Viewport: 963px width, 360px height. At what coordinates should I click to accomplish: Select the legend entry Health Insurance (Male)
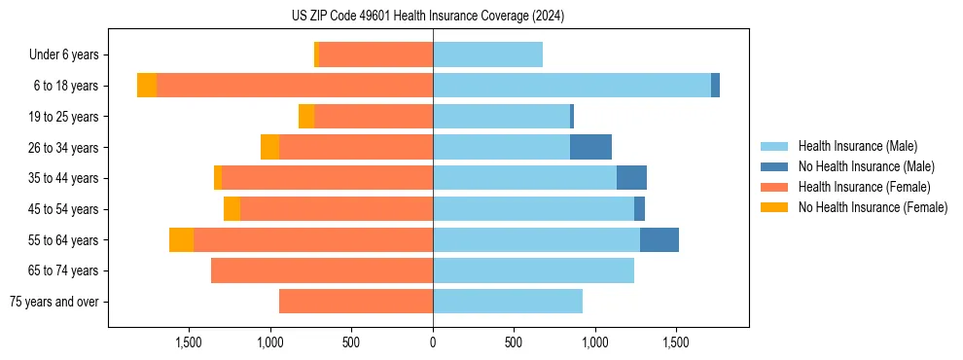(x=857, y=146)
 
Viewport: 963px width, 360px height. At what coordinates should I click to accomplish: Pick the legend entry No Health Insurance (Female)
(x=873, y=207)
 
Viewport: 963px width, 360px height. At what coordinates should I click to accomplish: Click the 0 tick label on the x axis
(x=433, y=342)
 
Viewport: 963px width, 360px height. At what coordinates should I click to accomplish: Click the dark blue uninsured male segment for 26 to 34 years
(x=590, y=147)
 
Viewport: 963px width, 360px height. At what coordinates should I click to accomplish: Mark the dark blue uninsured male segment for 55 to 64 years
(x=659, y=239)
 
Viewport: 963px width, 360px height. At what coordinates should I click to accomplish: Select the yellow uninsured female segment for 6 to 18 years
(x=147, y=86)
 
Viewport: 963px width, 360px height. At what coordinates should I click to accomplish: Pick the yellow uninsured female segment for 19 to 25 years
(x=306, y=117)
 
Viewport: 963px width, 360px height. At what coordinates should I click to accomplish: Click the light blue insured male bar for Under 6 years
(x=487, y=54)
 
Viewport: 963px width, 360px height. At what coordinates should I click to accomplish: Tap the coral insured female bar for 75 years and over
(x=356, y=302)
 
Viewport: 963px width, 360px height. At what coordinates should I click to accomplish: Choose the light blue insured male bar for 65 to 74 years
(x=533, y=270)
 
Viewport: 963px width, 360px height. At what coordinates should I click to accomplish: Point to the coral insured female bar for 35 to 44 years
(x=327, y=178)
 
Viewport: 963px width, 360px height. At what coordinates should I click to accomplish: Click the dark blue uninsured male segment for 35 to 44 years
(x=631, y=178)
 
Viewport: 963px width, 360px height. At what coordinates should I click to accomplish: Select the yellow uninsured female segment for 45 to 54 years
(x=232, y=209)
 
